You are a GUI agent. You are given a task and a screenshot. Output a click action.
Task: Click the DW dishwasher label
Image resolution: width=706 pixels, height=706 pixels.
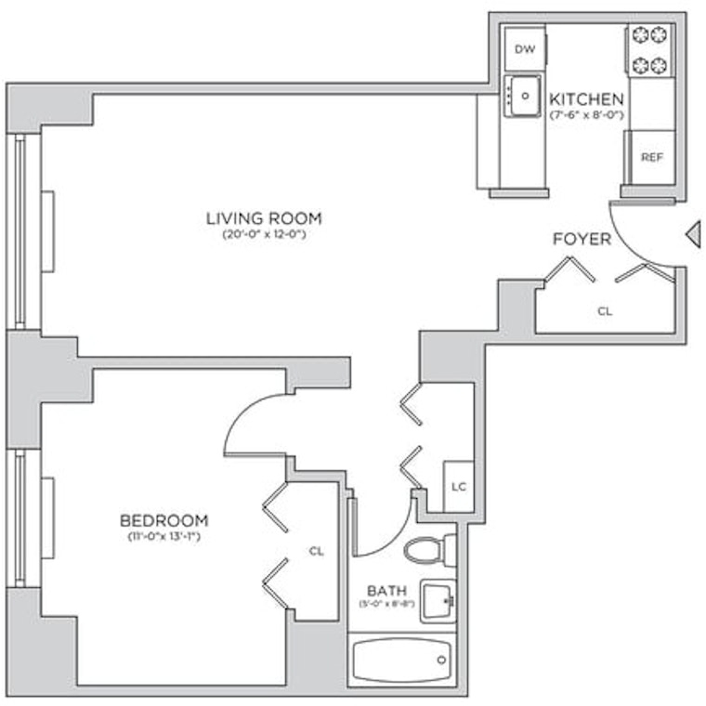click(525, 49)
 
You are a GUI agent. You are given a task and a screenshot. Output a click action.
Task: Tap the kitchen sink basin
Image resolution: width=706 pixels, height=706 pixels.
click(525, 96)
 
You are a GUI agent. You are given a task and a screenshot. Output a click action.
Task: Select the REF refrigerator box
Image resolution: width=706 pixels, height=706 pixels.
click(651, 157)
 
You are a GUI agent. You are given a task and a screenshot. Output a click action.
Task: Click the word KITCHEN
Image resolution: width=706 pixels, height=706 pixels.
click(586, 98)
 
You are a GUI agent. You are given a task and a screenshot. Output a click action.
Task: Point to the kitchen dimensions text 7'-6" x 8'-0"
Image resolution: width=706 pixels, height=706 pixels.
click(586, 115)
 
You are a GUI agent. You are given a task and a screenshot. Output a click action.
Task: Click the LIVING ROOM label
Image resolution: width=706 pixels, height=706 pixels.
click(265, 218)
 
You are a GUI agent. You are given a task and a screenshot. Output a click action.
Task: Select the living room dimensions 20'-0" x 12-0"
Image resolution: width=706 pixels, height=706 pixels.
click(265, 235)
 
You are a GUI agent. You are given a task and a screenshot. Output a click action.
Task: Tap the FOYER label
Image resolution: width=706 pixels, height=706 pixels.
click(582, 239)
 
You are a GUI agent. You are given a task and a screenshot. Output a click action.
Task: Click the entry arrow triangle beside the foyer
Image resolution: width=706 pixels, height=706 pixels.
click(693, 234)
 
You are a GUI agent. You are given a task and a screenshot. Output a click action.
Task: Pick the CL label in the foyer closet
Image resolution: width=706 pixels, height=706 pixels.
click(605, 311)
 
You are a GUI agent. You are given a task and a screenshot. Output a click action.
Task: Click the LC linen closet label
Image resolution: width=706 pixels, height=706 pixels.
click(459, 487)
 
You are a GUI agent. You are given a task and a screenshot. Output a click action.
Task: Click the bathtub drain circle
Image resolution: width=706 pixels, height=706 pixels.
click(441, 660)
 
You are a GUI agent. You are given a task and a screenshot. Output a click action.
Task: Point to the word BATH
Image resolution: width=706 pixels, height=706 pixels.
click(386, 591)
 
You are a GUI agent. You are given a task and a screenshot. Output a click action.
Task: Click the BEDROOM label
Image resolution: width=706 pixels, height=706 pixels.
click(163, 520)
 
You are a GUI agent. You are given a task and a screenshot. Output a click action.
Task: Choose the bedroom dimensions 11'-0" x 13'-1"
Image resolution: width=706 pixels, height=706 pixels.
click(163, 537)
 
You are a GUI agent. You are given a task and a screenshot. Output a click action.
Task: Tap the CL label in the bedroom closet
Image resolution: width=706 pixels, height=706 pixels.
click(317, 551)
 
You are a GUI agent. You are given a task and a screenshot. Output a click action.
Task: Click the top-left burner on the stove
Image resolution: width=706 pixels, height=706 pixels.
click(640, 34)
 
